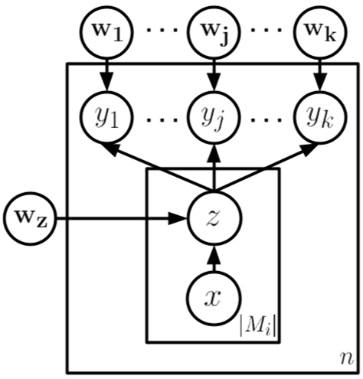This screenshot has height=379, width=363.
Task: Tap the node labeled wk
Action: point(320,33)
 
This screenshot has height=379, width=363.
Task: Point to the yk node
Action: point(320,119)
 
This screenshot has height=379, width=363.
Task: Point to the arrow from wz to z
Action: point(123,221)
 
